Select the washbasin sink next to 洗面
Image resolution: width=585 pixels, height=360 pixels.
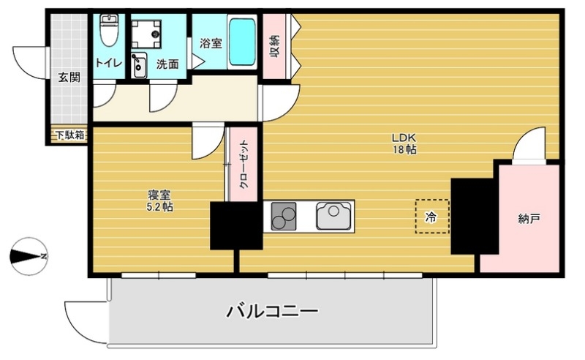coord(140,64)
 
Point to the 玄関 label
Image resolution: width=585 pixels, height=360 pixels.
coord(69,78)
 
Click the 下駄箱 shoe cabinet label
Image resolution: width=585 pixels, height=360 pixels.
coord(69,135)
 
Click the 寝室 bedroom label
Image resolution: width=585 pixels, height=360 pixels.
coord(159,195)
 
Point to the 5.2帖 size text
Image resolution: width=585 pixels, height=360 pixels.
coord(159,207)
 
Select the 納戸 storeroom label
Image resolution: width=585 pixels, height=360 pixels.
coord(529,218)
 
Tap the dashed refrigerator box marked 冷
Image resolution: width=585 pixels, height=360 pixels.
coord(431,217)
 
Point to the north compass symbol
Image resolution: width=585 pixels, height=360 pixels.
coord(29,255)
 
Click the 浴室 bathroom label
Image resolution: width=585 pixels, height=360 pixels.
coord(210,43)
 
